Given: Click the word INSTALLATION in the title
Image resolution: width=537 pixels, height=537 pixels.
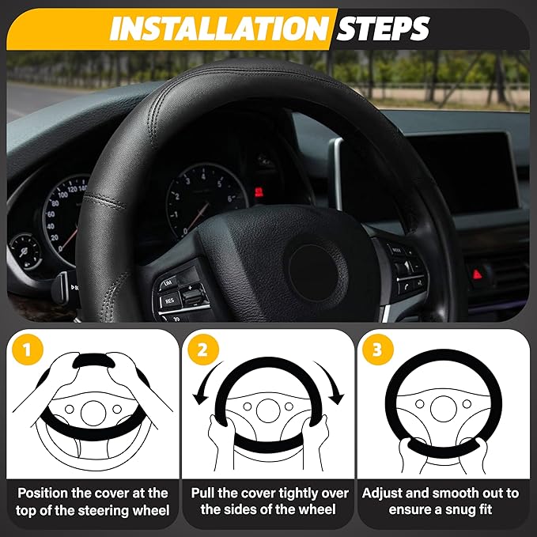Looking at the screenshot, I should (218, 28).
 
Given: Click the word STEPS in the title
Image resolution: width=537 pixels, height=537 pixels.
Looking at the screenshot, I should (383, 28).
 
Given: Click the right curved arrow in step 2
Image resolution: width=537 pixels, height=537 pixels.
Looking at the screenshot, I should (335, 388).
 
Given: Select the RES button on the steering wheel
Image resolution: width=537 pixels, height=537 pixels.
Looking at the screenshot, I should (170, 301).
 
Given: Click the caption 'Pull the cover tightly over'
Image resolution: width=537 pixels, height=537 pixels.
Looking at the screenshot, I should (267, 492).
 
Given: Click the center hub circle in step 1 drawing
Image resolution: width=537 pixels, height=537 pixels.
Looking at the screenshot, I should (93, 411).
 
